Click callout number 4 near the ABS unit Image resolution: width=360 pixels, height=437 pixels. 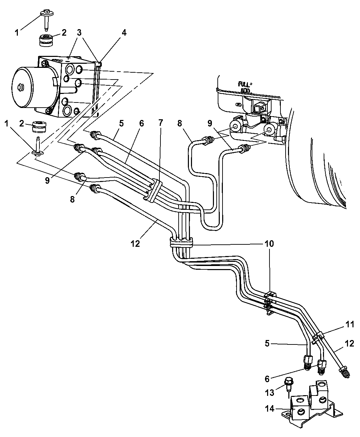pyautogui.click(x=124, y=33)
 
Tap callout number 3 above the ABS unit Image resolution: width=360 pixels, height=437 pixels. pyautogui.click(x=79, y=33)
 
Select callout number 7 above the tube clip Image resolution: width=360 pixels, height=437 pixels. pyautogui.click(x=160, y=123)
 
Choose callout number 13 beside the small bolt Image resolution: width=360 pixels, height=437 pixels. pyautogui.click(x=269, y=393)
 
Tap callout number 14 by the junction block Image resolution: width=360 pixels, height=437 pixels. pyautogui.click(x=269, y=409)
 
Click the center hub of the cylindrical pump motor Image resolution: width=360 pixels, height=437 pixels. pyautogui.click(x=21, y=87)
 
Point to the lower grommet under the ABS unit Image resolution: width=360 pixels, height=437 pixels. pyautogui.click(x=39, y=126)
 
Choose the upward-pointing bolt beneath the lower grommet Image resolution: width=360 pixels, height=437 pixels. pyautogui.click(x=38, y=146)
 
